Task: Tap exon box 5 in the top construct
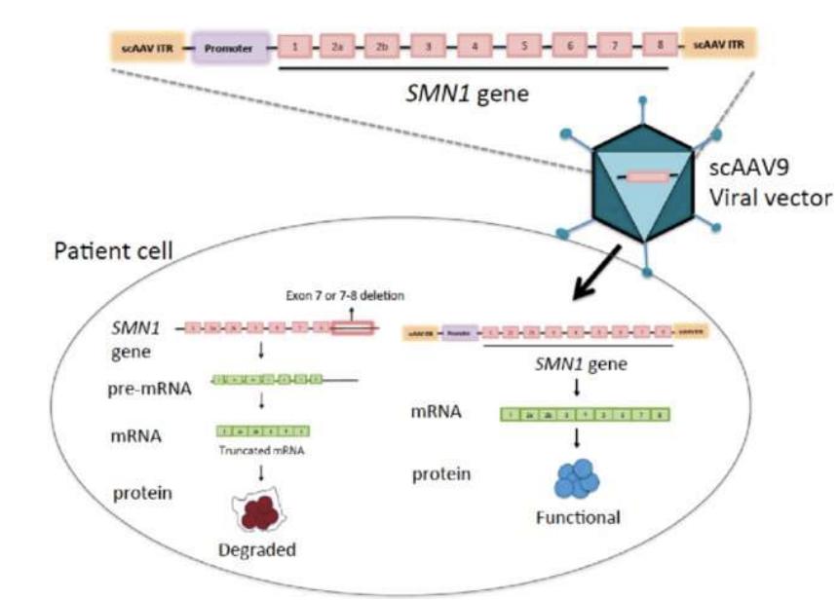click(x=524, y=46)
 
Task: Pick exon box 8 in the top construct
click(x=660, y=45)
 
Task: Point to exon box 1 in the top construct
click(x=295, y=46)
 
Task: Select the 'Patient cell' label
click(x=115, y=251)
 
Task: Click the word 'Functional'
click(x=578, y=517)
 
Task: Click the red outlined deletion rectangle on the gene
click(x=353, y=330)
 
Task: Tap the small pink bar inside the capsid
click(x=645, y=177)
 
